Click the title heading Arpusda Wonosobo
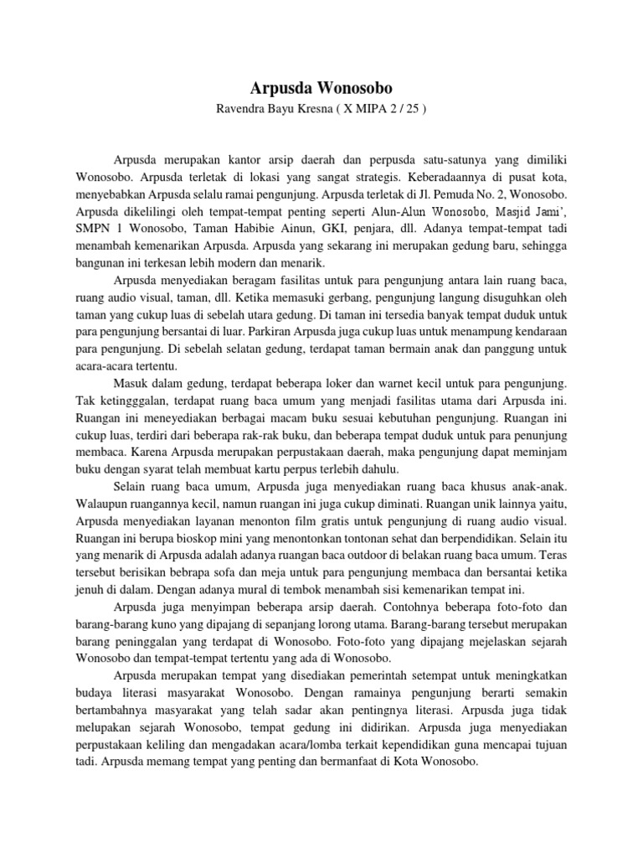[x=321, y=88]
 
